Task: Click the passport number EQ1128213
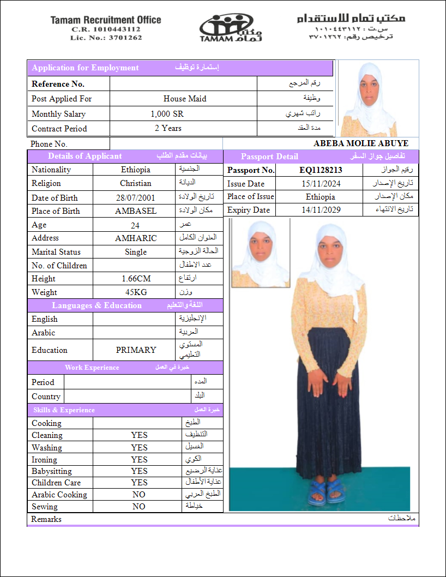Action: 321,170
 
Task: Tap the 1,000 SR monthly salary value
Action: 167,114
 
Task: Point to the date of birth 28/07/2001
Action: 135,198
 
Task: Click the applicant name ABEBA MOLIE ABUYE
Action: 360,143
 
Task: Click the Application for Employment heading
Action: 86,68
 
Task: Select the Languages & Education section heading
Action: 97,305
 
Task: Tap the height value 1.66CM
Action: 136,279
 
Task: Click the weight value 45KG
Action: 136,292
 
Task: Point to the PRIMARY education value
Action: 136,350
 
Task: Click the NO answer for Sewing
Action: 139,507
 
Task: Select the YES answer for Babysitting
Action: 139,471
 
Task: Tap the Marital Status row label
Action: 56,252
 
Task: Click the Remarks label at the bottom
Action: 46,519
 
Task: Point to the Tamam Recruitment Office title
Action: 106,20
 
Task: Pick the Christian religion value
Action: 136,184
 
